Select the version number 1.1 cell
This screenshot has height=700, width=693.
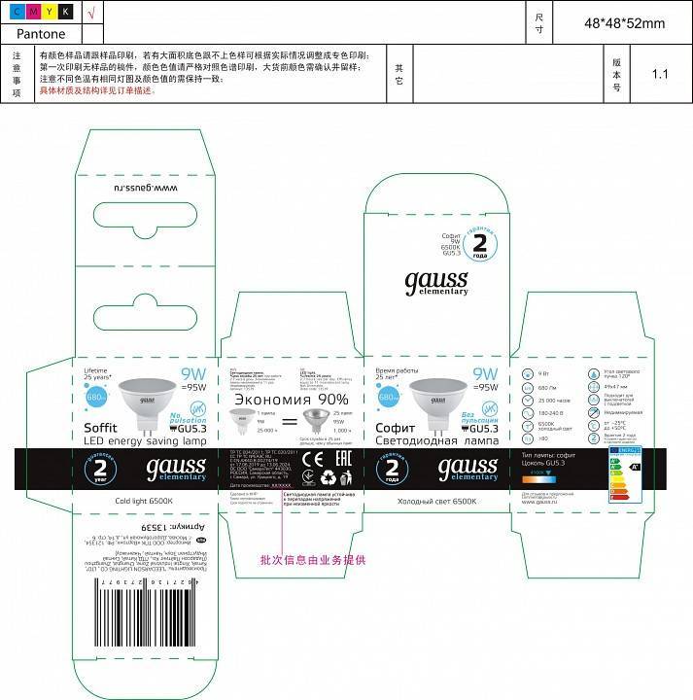click(661, 73)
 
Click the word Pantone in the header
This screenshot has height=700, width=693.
click(42, 33)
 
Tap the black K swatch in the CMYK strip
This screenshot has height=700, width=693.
click(65, 12)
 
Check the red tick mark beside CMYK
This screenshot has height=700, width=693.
click(90, 12)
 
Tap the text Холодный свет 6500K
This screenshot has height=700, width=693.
click(438, 500)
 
